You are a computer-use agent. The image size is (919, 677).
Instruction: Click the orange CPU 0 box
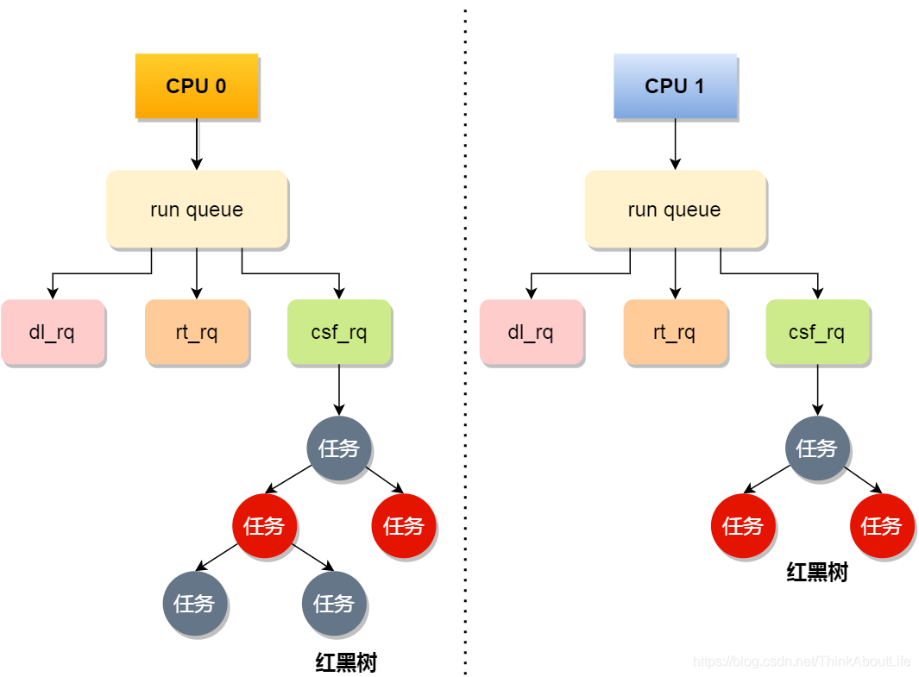coord(197,86)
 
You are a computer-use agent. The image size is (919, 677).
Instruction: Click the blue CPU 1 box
coord(675,86)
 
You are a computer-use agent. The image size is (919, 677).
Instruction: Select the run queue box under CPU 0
coord(197,210)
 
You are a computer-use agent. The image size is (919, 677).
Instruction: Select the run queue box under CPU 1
coord(675,210)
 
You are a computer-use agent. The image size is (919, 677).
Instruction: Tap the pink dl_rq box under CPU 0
coord(53,332)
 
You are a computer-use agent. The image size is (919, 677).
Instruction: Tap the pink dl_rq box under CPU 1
coord(531,332)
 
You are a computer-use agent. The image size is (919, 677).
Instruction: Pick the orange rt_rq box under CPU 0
coord(197,332)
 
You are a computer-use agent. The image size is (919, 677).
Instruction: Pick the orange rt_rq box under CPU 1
coord(675,332)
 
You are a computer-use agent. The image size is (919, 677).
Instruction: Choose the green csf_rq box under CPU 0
coord(339,332)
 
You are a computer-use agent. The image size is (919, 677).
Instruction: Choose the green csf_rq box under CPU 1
coord(817,332)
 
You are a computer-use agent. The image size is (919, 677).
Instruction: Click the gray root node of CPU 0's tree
coord(339,448)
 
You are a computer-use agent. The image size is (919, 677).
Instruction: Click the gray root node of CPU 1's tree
coord(817,448)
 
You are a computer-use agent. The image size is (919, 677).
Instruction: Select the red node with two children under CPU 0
coord(264,525)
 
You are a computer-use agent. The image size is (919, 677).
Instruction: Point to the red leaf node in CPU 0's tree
coord(404,525)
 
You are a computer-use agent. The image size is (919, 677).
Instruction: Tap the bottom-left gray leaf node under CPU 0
coord(195,603)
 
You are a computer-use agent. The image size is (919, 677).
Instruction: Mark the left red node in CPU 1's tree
coord(743,525)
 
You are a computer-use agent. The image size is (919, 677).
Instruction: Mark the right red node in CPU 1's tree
coord(882,525)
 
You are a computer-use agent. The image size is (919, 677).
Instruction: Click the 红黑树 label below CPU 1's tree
coord(817,572)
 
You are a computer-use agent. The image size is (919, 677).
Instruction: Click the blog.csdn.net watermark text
coord(802,661)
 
